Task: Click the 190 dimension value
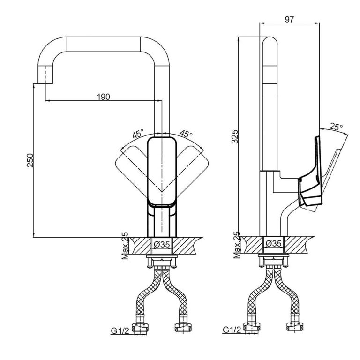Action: point(103,97)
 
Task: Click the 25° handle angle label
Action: point(336,127)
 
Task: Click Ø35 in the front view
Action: point(162,244)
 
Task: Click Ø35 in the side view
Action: point(273,244)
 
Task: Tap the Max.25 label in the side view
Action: point(237,246)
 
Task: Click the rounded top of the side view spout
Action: point(270,45)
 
